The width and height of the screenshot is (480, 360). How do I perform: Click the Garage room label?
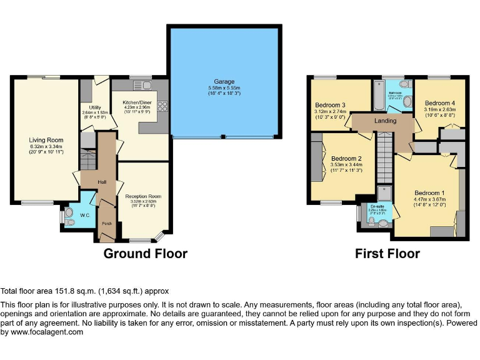(224, 81)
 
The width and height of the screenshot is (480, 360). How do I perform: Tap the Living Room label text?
(46, 140)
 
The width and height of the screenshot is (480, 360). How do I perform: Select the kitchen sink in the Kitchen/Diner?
(140, 85)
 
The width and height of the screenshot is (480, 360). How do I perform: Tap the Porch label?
(107, 222)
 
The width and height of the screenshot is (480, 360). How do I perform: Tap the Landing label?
(386, 120)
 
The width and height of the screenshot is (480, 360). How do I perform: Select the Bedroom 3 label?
(330, 104)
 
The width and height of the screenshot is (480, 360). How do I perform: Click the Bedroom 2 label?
(346, 159)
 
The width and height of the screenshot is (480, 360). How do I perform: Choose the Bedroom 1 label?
(430, 192)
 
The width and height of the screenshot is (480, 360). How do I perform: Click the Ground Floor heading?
(145, 253)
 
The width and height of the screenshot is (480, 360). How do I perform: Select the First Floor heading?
(387, 253)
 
